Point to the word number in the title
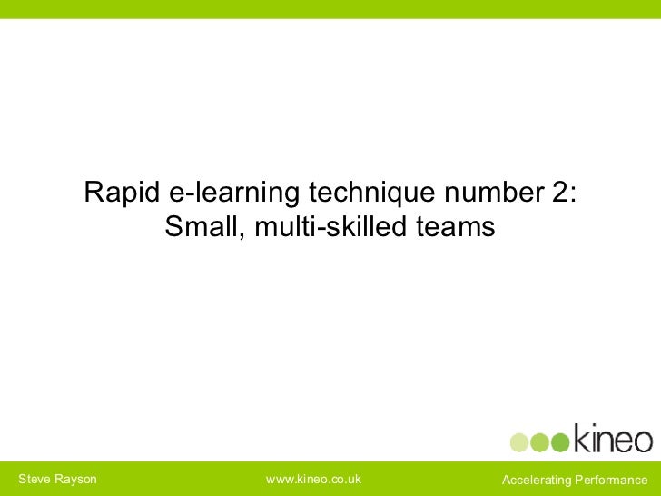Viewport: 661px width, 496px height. point(488,193)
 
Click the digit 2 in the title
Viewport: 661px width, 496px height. point(558,193)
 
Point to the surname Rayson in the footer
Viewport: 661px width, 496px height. point(76,479)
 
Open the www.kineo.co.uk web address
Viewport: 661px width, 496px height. point(312,479)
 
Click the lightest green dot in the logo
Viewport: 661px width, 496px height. point(518,442)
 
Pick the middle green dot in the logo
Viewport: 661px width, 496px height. point(539,442)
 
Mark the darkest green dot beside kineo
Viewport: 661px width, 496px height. point(560,442)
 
